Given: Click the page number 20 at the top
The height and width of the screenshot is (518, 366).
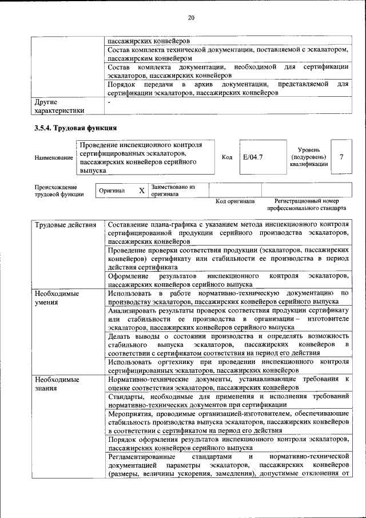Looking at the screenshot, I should click(x=191, y=18).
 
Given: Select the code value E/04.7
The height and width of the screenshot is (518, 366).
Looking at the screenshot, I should click(x=253, y=156).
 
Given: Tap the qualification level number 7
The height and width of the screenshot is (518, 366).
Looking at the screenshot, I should click(x=341, y=156).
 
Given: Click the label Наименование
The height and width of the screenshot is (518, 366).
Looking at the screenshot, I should click(x=54, y=157).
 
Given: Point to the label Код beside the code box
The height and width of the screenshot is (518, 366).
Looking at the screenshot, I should click(x=227, y=156).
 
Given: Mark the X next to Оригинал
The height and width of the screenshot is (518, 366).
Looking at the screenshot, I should click(x=141, y=191).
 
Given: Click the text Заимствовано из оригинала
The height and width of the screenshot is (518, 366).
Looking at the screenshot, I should click(x=173, y=190).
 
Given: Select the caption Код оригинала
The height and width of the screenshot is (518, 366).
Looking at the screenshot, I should click(x=235, y=201).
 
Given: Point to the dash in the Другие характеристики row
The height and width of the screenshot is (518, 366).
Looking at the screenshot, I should click(x=109, y=102).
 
